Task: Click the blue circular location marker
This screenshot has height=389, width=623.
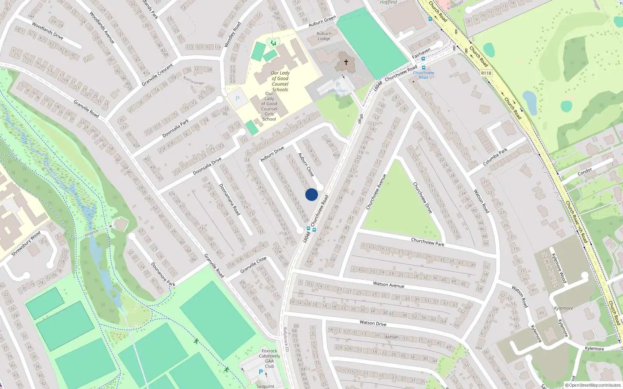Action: (x=311, y=194)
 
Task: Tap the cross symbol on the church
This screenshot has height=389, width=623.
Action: (x=346, y=62)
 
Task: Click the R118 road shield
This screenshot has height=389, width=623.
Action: (x=486, y=73)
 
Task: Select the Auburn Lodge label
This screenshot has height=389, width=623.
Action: (x=324, y=36)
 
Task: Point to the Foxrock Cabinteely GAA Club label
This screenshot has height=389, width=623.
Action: (x=269, y=358)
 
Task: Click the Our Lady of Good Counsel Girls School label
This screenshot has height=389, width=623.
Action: (x=269, y=106)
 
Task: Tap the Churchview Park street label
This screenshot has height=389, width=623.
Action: (x=428, y=242)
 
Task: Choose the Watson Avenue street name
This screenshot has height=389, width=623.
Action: (x=389, y=285)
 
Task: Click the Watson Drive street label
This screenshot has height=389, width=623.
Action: (x=373, y=323)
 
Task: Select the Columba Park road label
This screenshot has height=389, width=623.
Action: (x=495, y=157)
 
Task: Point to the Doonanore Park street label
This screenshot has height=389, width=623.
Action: (x=163, y=275)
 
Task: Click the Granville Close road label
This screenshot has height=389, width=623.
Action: (x=253, y=265)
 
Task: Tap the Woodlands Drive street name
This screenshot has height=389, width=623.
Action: (x=48, y=31)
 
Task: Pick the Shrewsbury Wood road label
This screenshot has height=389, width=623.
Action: (x=26, y=244)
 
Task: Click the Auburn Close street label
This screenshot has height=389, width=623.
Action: (x=306, y=165)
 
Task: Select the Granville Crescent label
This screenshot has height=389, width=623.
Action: (x=157, y=75)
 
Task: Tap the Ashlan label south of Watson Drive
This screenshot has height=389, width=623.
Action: (x=392, y=337)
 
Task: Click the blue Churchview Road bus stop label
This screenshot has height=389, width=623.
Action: (x=423, y=75)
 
